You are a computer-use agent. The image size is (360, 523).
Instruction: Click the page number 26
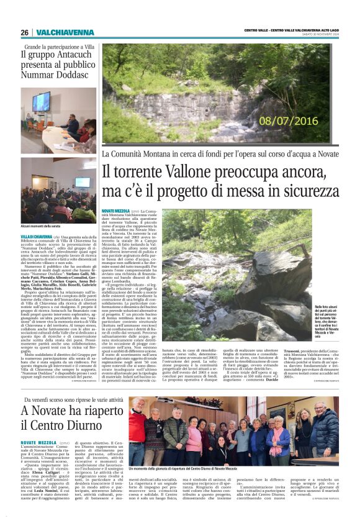coord(24,32)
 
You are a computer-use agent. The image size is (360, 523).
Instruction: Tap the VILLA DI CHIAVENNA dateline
coord(35,237)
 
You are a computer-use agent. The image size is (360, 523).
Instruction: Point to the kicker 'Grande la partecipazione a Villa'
coord(60,47)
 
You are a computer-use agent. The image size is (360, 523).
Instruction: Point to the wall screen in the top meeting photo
coord(42,101)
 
